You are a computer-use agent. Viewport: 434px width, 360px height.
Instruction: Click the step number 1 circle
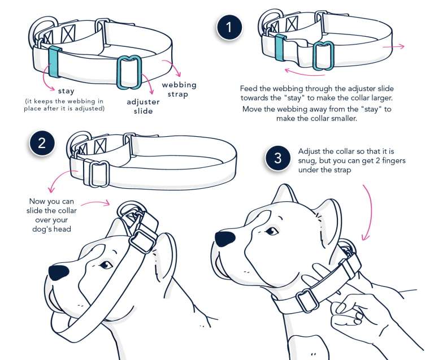(228, 27)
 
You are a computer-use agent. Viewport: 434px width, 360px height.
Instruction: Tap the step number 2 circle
(42, 142)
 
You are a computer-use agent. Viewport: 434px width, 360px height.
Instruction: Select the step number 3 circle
(277, 159)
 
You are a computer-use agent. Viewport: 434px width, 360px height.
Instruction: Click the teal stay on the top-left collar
(54, 62)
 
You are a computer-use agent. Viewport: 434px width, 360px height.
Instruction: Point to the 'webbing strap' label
(179, 89)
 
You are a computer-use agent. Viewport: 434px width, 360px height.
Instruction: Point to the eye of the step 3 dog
(272, 231)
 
